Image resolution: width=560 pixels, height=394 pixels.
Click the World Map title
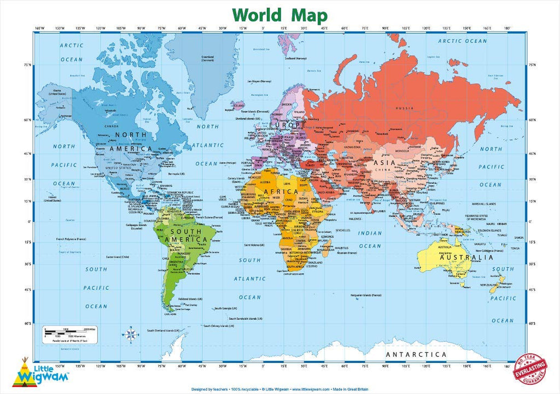tap(279, 14)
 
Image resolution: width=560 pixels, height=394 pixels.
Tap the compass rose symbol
tap(132, 333)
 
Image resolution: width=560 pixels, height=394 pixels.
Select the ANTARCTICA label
tap(416, 355)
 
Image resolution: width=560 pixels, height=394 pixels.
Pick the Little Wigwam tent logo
tap(24, 372)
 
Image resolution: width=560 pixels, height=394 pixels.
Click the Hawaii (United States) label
tap(52, 198)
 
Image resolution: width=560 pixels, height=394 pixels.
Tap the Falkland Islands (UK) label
tap(192, 300)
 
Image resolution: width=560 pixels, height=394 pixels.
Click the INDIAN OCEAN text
tap(370, 239)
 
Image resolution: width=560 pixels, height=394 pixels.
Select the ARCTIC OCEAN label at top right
tap(462, 41)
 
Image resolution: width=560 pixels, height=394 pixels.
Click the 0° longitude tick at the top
tap(263, 28)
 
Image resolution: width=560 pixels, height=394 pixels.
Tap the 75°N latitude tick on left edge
tap(27, 65)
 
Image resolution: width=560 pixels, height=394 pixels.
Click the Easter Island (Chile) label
tap(117, 257)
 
